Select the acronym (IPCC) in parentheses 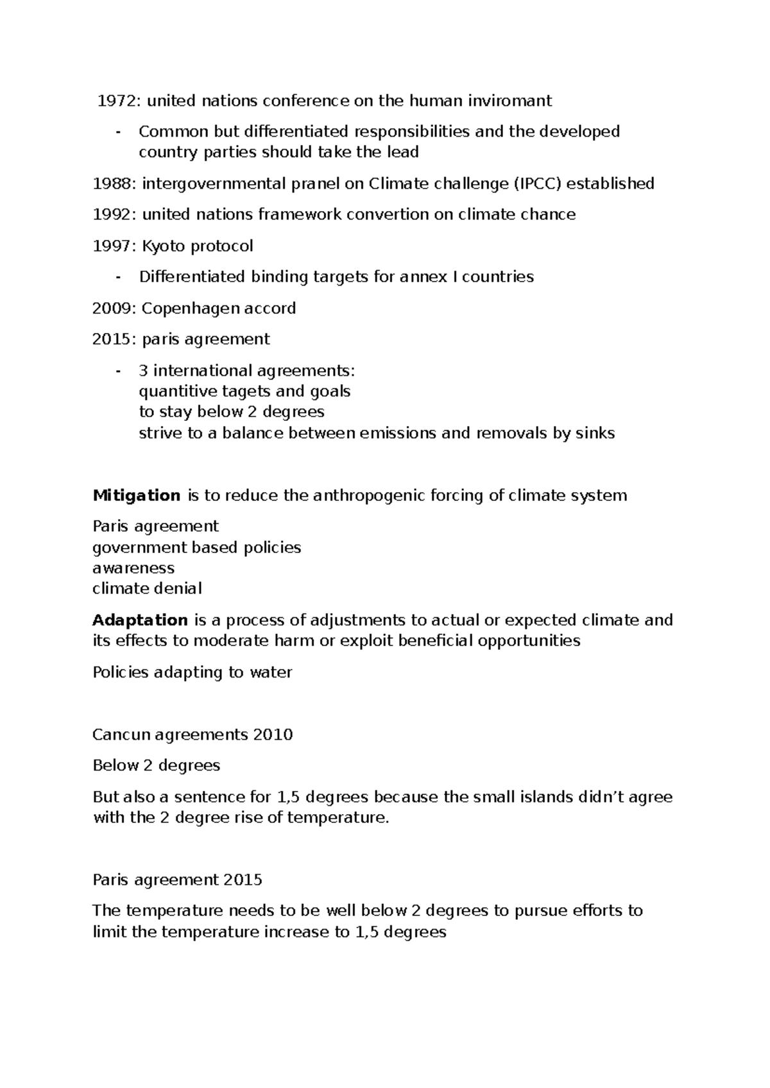[538, 183]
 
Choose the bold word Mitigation [136, 495]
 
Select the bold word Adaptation [140, 620]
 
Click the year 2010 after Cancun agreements [273, 735]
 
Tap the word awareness [133, 568]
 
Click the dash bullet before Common [117, 132]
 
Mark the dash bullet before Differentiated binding [117, 277]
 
